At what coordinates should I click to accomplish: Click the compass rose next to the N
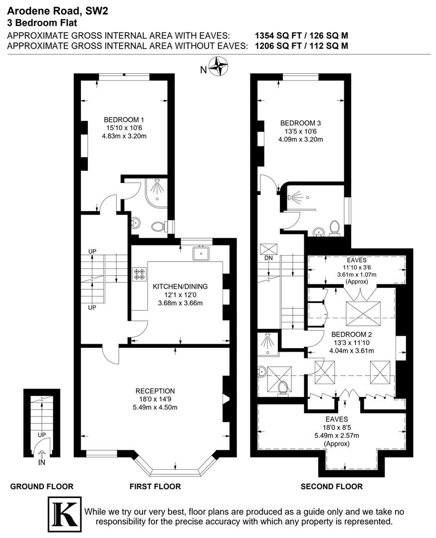[x=218, y=67]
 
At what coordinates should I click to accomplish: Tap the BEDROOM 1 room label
[x=124, y=120]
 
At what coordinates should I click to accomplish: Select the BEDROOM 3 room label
[x=300, y=123]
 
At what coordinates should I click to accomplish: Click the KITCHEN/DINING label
[x=180, y=286]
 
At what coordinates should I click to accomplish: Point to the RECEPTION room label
[x=155, y=391]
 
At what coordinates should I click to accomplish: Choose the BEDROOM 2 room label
[x=352, y=334]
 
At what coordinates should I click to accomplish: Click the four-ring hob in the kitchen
[x=139, y=274]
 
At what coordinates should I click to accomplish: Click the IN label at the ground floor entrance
[x=41, y=462]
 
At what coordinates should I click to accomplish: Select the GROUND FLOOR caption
[x=41, y=487]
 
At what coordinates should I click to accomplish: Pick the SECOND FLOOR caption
[x=332, y=487]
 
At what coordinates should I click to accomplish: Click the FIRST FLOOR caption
[x=155, y=487]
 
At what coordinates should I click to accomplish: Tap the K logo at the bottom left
[x=64, y=514]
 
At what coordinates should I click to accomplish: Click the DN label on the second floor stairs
[x=268, y=258]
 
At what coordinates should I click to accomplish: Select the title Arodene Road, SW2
[x=57, y=11]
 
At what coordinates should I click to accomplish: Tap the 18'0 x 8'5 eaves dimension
[x=337, y=427]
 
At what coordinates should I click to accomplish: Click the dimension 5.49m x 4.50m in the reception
[x=155, y=407]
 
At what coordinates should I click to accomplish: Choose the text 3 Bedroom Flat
[x=42, y=23]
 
